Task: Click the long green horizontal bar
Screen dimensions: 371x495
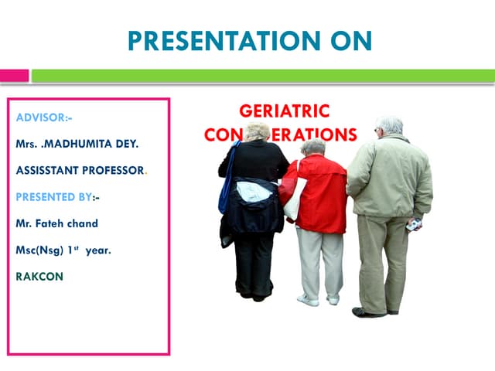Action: click(263, 76)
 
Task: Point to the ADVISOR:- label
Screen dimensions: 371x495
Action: click(44, 117)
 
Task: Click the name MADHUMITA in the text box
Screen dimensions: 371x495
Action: click(96, 144)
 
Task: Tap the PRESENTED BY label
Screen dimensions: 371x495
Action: click(54, 196)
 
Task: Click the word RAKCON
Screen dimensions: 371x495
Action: click(39, 276)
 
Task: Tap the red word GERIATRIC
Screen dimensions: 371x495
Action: click(284, 111)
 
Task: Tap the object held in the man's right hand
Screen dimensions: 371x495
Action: click(415, 225)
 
